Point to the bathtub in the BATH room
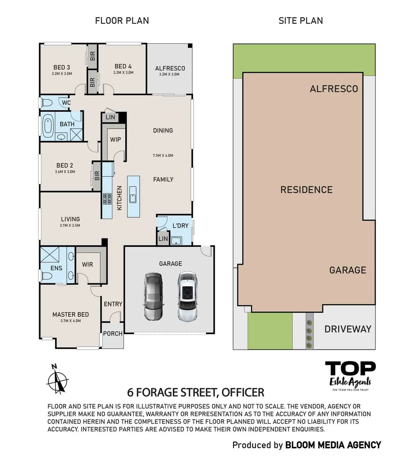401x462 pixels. click(x=48, y=124)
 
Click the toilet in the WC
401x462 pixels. click(x=47, y=103)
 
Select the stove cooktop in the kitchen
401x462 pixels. click(x=107, y=198)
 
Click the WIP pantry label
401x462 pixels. click(x=115, y=139)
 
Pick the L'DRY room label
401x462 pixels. click(x=180, y=225)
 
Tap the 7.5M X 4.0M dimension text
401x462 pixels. click(x=163, y=155)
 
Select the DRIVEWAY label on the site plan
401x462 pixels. click(x=348, y=329)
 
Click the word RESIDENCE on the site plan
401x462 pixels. click(x=306, y=190)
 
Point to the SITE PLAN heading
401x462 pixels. click(x=301, y=20)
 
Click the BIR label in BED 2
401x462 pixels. click(x=97, y=175)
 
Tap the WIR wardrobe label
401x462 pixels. click(x=87, y=264)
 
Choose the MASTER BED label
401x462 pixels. click(x=71, y=314)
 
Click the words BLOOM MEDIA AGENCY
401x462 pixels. click(x=333, y=445)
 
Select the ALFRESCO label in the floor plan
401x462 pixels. click(x=170, y=68)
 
